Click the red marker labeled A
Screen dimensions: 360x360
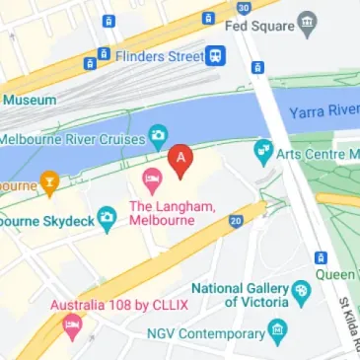[x=180, y=159]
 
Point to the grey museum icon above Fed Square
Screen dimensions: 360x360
[x=310, y=22]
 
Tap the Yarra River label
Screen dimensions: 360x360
[x=322, y=112]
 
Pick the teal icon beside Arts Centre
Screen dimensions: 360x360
[x=262, y=151]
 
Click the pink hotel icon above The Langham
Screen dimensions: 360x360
[x=152, y=180]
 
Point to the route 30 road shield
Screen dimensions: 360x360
[x=243, y=6]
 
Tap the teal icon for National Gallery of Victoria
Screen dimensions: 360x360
[x=302, y=293]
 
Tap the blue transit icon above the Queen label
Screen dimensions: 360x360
[x=321, y=257]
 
